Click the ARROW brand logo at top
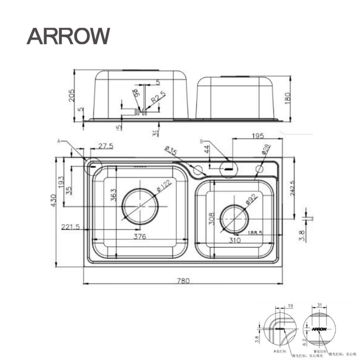pyautogui.click(x=68, y=35)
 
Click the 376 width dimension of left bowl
pyautogui.click(x=140, y=236)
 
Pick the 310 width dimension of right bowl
pyautogui.click(x=235, y=239)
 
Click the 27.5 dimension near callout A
pyautogui.click(x=106, y=146)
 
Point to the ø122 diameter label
pyautogui.click(x=163, y=187)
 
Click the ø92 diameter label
pyautogui.click(x=250, y=198)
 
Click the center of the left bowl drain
pyautogui.click(x=140, y=206)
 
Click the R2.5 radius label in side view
pyautogui.click(x=158, y=98)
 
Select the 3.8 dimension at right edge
pyautogui.click(x=302, y=236)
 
